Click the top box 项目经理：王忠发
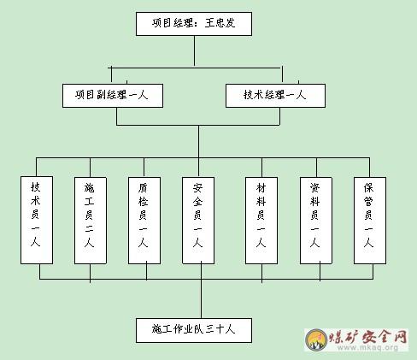pos(194,24)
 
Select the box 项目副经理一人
pos(113,96)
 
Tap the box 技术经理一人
pos(275,96)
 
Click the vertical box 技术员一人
pos(37,220)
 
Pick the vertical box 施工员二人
pos(91,221)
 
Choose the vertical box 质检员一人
pos(144,221)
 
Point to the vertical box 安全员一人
pos(198,221)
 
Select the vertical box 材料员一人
pos(261,221)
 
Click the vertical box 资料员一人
pos(316,221)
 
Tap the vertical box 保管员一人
pos(370,221)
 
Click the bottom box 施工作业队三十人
pos(194,330)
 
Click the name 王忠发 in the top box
pos(220,23)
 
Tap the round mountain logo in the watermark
pos(316,339)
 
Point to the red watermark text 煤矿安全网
pos(368,337)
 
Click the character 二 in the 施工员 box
pos(89,228)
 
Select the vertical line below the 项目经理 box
pos(195,51)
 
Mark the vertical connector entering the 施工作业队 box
pos(201,290)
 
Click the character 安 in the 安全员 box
pos(197,188)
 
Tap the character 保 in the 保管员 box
pos(368,187)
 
